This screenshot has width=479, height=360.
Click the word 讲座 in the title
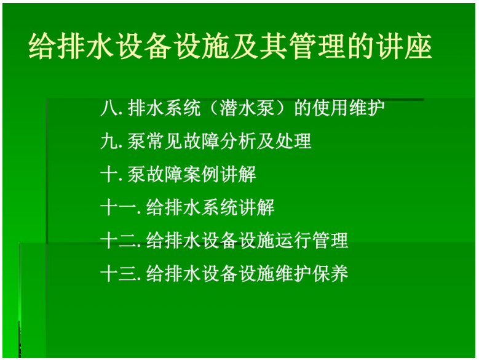[x=404, y=46]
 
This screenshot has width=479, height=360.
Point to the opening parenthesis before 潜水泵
[x=212, y=108]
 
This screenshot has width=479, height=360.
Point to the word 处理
[x=293, y=141]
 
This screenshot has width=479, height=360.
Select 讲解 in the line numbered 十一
[x=256, y=207]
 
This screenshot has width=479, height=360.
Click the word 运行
[x=293, y=240]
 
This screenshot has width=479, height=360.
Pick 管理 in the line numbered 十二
[x=330, y=240]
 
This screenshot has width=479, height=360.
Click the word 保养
[x=330, y=273]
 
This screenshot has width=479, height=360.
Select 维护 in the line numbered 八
[x=367, y=108]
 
